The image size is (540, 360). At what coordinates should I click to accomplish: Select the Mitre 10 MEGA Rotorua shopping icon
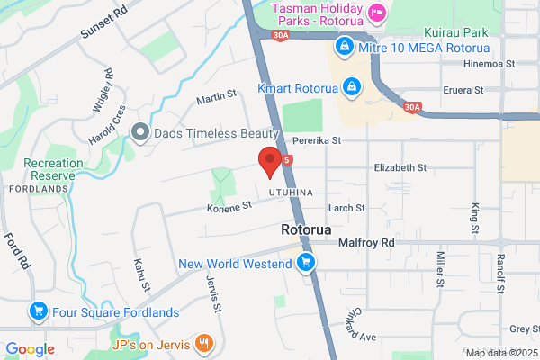pyautogui.click(x=343, y=45)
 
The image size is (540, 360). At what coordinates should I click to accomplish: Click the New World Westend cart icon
pyautogui.click(x=306, y=263)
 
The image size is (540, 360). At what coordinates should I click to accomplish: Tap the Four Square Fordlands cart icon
pyautogui.click(x=39, y=312)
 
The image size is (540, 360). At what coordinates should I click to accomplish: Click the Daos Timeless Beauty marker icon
pyautogui.click(x=139, y=133)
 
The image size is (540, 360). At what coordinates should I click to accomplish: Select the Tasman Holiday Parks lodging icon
pyautogui.click(x=376, y=13)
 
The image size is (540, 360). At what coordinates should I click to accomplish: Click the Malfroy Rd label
pyautogui.click(x=366, y=243)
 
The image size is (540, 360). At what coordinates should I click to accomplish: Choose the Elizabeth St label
pyautogui.click(x=400, y=167)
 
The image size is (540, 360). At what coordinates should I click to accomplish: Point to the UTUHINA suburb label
pyautogui.click(x=290, y=193)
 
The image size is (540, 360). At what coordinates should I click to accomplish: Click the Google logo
pyautogui.click(x=30, y=349)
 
